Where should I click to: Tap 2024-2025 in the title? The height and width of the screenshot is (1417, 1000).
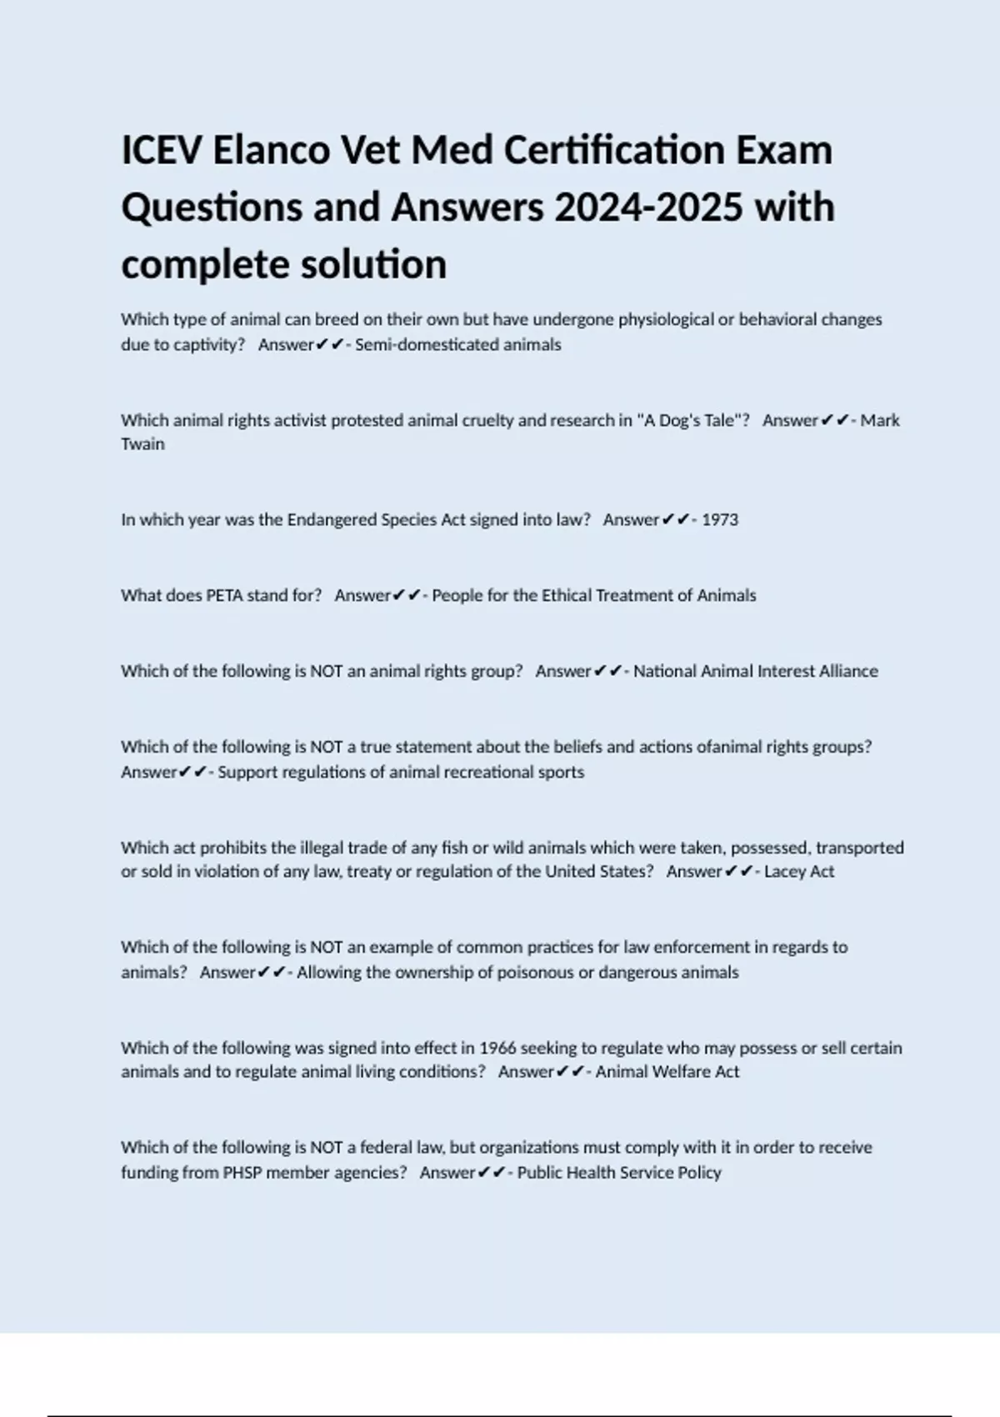coord(648,208)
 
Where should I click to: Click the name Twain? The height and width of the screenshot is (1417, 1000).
coord(142,444)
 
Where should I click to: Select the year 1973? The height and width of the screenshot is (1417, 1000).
coord(720,520)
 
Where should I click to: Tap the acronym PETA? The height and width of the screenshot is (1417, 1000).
coord(224,595)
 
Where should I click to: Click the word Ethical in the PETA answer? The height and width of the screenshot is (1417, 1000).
coord(570,595)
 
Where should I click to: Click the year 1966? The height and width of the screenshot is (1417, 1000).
coord(497,1048)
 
